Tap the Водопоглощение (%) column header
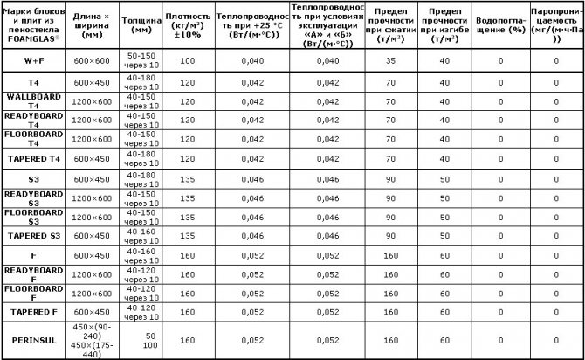click(500, 24)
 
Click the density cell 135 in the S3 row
click(186, 178)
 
